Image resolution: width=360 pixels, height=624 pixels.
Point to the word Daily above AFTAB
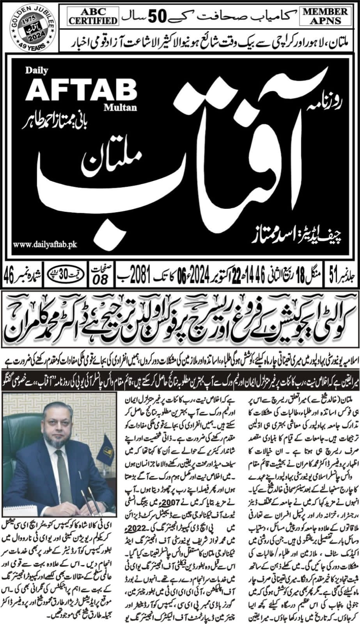pyautogui.click(x=37, y=71)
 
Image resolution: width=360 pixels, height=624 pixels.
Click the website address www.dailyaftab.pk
pyautogui.click(x=44, y=244)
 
